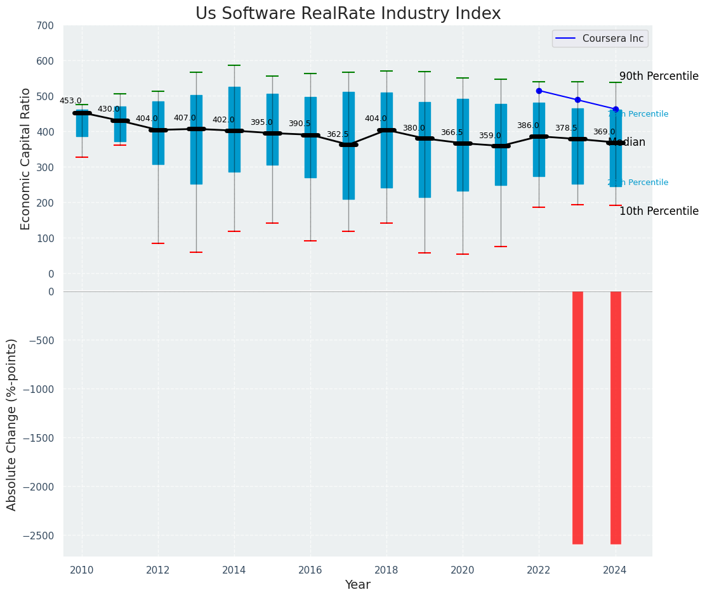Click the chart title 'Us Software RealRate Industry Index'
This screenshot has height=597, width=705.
(348, 14)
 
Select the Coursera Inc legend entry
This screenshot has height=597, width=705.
(600, 39)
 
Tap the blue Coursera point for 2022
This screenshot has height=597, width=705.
(539, 91)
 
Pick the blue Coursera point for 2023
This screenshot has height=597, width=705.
(577, 99)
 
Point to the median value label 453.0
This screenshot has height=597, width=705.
(70, 101)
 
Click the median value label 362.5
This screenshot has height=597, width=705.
(338, 134)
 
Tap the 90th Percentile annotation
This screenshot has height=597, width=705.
(659, 76)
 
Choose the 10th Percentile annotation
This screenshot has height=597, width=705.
(659, 211)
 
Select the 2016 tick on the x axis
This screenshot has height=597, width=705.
(310, 570)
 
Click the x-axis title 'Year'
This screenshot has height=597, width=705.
(357, 585)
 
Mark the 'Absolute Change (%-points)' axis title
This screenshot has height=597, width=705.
(12, 424)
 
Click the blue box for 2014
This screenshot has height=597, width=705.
(234, 129)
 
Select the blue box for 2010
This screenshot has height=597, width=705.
(82, 124)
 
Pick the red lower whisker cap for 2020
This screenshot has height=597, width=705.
(463, 254)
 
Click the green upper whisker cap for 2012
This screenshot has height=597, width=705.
(158, 91)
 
